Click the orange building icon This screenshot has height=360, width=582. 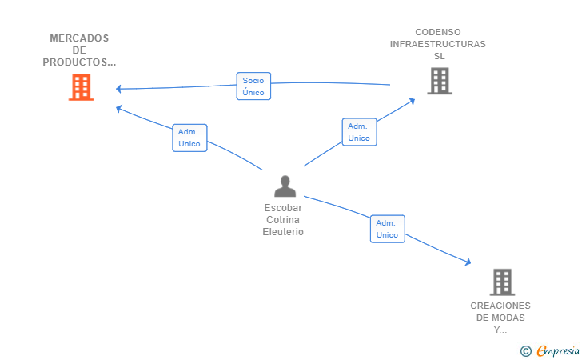click(x=81, y=87)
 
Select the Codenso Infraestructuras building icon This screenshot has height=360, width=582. click(x=440, y=81)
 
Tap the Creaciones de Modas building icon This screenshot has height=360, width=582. click(x=502, y=282)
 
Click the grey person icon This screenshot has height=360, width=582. click(x=285, y=186)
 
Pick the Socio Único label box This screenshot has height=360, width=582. click(x=253, y=86)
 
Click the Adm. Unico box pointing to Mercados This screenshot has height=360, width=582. click(x=189, y=138)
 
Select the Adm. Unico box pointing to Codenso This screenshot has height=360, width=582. click(x=359, y=132)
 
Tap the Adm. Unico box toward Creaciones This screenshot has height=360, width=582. click(x=388, y=229)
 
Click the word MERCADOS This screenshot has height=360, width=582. click(x=79, y=38)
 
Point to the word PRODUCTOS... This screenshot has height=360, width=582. click(x=74, y=62)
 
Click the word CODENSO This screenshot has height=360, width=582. click(x=438, y=32)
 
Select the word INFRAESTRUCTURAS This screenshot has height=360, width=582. click(x=437, y=44)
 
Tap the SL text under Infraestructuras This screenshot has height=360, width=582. click(x=440, y=56)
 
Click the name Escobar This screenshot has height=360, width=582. click(x=283, y=208)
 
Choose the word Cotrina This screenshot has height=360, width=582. click(x=283, y=219)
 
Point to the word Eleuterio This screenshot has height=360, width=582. click(x=283, y=232)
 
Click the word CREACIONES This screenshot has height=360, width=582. click(x=500, y=306)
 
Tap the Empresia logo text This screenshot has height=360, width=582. click(x=558, y=350)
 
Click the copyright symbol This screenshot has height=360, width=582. click(x=526, y=351)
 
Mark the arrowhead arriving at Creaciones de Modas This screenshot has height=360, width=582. click(x=468, y=262)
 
